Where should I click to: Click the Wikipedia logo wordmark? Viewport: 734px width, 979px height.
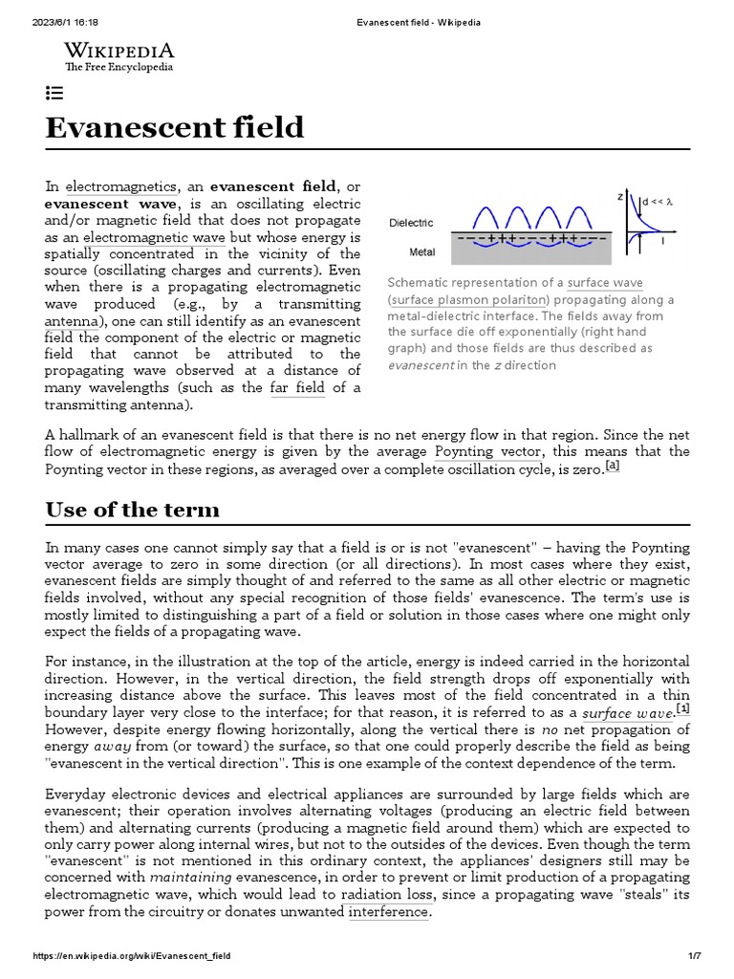click(119, 52)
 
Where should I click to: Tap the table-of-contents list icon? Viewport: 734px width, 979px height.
click(54, 93)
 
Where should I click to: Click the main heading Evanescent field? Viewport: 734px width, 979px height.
click(175, 127)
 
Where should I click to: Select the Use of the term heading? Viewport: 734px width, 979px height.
click(132, 510)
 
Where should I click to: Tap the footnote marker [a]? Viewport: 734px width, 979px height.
click(613, 467)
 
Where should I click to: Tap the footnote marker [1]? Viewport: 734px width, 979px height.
click(682, 709)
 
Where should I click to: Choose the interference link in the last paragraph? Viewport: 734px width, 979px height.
click(388, 911)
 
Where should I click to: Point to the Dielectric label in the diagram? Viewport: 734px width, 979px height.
click(411, 223)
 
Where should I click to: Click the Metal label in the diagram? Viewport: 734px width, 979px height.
click(422, 253)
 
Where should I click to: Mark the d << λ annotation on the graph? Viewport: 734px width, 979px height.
click(658, 202)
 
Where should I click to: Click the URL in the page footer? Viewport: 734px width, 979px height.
click(132, 956)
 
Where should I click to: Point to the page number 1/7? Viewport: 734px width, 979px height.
click(694, 956)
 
